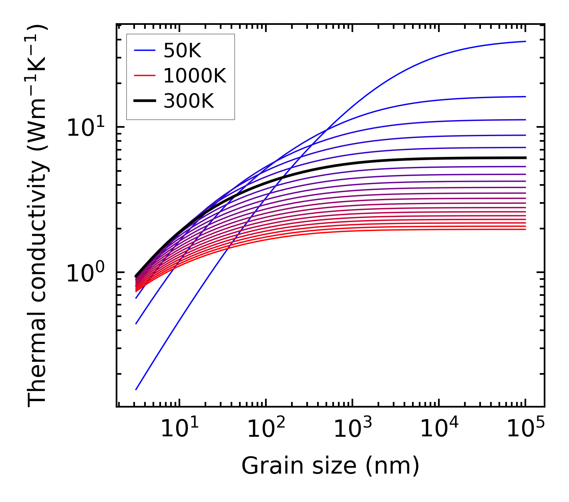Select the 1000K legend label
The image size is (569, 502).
(x=195, y=76)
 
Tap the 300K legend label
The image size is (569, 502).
(x=189, y=101)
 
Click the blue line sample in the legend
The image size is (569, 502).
(x=144, y=50)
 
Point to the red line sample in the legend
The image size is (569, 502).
(x=144, y=76)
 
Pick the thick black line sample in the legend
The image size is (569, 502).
(x=144, y=101)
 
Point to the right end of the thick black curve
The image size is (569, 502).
(x=525, y=158)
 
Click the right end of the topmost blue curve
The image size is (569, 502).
(x=525, y=41)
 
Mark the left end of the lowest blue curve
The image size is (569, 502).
(x=136, y=389)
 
